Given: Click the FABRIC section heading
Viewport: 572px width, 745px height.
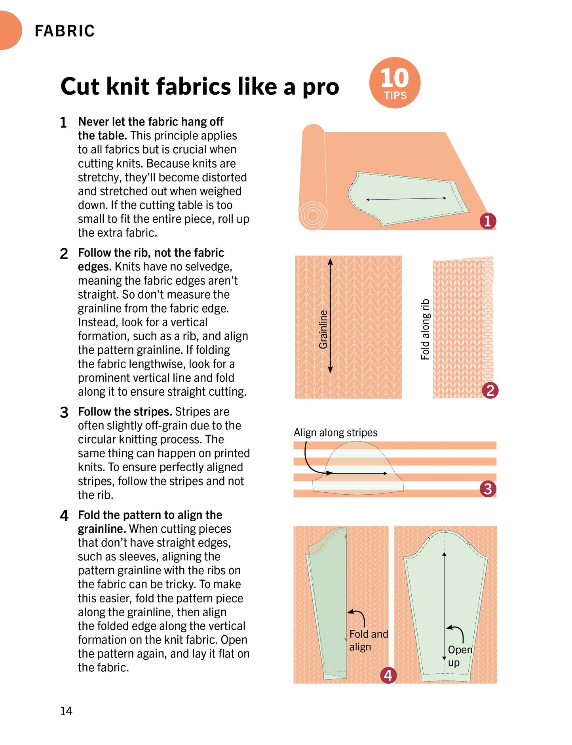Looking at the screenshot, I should pos(65,31).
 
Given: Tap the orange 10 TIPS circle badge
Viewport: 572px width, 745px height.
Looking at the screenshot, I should pos(395,83).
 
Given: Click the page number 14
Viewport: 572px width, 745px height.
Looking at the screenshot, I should pos(66,711).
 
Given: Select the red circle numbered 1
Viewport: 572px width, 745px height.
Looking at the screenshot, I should pos(487,221).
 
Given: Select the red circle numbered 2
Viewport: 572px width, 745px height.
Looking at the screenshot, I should pos(490,391).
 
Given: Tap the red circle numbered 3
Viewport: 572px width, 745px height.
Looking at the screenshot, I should pos(488,489).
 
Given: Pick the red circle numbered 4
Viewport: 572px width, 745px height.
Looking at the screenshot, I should pos(388,675).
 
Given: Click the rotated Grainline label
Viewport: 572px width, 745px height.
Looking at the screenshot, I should pos(323,329).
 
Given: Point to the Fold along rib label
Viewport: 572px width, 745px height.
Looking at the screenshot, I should pos(425,329).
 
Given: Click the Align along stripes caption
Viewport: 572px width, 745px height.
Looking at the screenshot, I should pos(335,433).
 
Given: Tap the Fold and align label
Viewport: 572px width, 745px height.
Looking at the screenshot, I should pos(368,640).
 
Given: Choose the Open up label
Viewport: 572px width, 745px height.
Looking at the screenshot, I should pos(459,656).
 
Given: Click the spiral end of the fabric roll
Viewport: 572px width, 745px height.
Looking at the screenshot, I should pos(312,216).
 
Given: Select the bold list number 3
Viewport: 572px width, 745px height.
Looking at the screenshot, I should pos(64,412).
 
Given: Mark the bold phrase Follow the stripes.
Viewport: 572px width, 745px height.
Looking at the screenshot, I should pos(125,412).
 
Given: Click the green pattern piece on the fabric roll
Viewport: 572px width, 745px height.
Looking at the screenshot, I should pos(408,198).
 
